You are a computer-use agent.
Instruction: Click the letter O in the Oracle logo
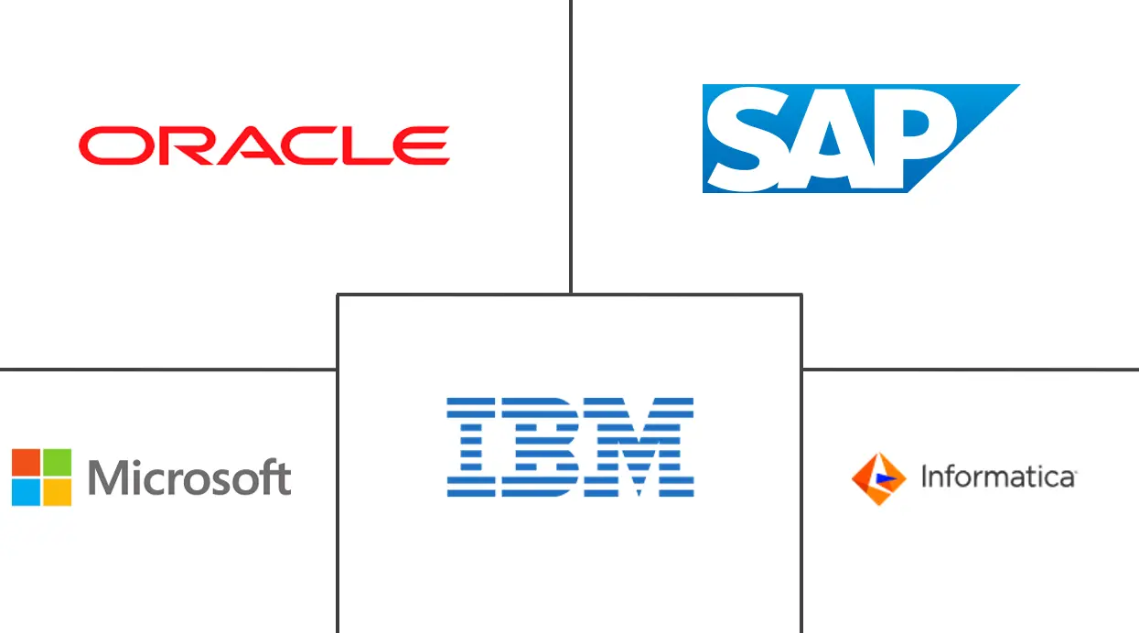coord(116,146)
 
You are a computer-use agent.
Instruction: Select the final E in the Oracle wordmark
coord(421,146)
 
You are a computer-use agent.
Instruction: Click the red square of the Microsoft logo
coord(26,462)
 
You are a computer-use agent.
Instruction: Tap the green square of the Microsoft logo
coord(57,462)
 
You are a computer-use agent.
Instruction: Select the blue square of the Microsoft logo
coord(26,492)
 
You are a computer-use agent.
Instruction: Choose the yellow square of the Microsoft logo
coord(57,492)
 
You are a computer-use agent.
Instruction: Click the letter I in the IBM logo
coord(471,447)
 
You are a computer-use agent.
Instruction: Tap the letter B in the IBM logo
coord(541,447)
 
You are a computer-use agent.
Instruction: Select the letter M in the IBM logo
coord(639,447)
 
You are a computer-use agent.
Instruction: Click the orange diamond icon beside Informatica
coord(878,478)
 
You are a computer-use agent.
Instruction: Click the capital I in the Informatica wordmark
coord(924,477)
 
